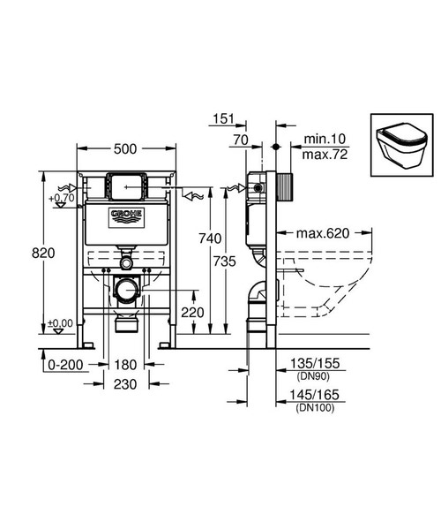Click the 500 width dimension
pyautogui.click(x=126, y=151)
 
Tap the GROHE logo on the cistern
pyautogui.click(x=125, y=217)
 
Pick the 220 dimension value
pyautogui.click(x=193, y=312)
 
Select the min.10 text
pyautogui.click(x=322, y=139)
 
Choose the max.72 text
pyautogui.click(x=323, y=155)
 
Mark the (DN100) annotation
pyautogui.click(x=316, y=409)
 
